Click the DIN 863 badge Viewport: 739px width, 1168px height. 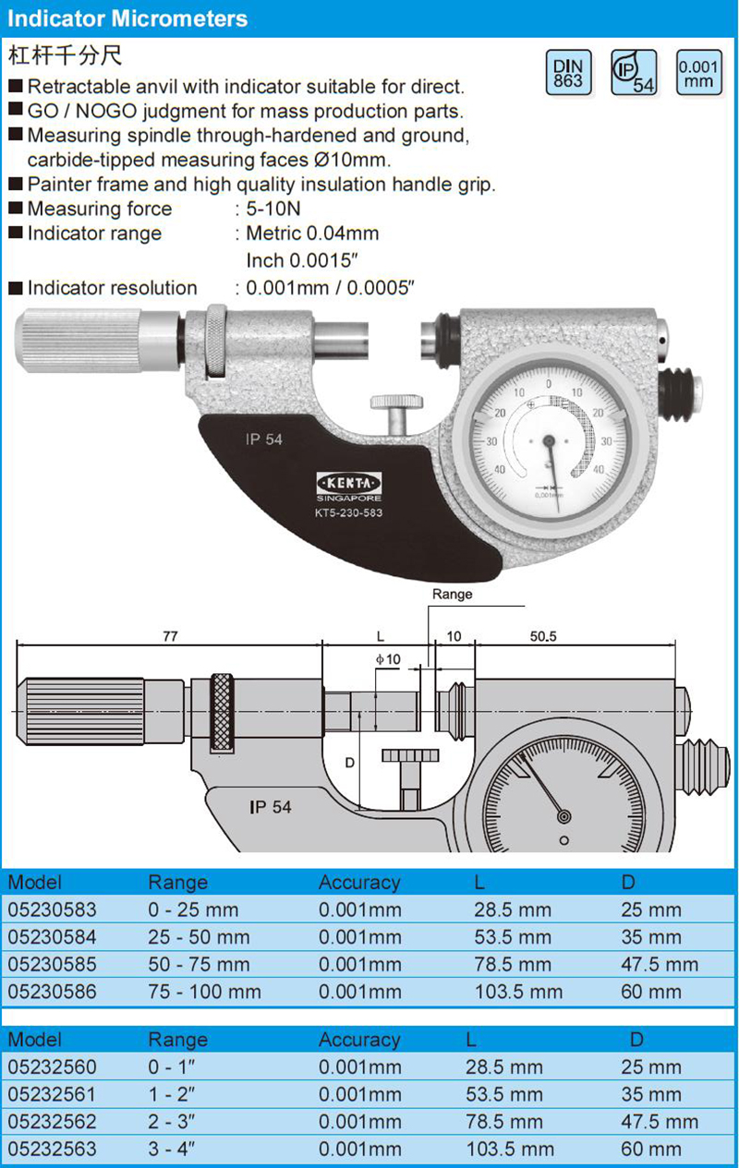pos(568,73)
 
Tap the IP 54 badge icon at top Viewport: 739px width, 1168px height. pos(634,73)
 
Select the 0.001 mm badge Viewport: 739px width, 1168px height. pos(699,73)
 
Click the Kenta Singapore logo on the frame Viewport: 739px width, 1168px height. pos(349,487)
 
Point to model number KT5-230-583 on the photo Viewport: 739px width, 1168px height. pos(348,512)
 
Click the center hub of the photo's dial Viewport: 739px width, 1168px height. pos(549,441)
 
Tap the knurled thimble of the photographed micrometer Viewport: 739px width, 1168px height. pos(79,341)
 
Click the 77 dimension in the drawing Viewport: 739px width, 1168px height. pos(170,636)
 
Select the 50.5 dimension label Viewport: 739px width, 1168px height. pos(543,636)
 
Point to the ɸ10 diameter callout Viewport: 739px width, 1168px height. pos(389,659)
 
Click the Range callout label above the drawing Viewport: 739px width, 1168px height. pos(452,595)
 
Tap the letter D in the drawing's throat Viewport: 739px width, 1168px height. pos(350,763)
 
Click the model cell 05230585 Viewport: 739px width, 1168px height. pos(52,964)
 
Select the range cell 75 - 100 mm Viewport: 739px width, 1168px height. pos(204,992)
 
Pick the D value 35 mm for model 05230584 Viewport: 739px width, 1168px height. pos(651,937)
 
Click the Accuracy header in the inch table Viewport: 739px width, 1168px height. pos(359,1040)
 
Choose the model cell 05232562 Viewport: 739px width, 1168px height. pos(52,1122)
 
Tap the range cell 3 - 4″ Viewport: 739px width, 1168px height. pos(172,1149)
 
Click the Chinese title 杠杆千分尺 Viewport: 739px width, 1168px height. pos(65,55)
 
